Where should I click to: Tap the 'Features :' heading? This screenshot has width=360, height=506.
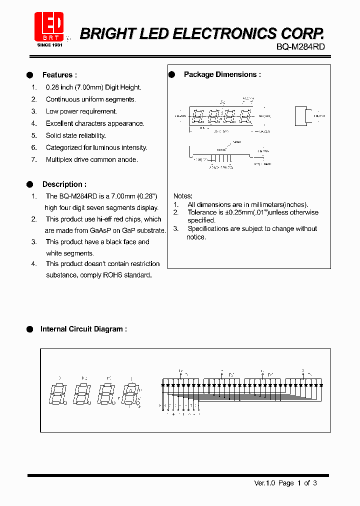pos(59,75)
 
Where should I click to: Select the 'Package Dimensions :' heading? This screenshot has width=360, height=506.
pos(222,74)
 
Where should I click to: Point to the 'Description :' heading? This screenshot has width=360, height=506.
pos(64,184)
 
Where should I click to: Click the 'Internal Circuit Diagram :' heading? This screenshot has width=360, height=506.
pos(83,329)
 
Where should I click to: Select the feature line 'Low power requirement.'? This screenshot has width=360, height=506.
pos(81,111)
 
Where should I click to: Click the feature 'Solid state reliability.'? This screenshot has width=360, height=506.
pos(75,135)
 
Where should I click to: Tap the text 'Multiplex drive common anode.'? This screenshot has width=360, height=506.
pos(91,159)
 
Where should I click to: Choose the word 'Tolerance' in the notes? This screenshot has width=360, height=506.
pos(202,212)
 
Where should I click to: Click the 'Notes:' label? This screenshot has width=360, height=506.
pos(182,196)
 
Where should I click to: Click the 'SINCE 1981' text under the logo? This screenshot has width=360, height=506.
pos(49,45)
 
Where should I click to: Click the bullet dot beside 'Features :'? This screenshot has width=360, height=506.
pos(29,75)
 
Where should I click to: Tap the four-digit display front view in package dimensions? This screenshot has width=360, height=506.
pos(221,116)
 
